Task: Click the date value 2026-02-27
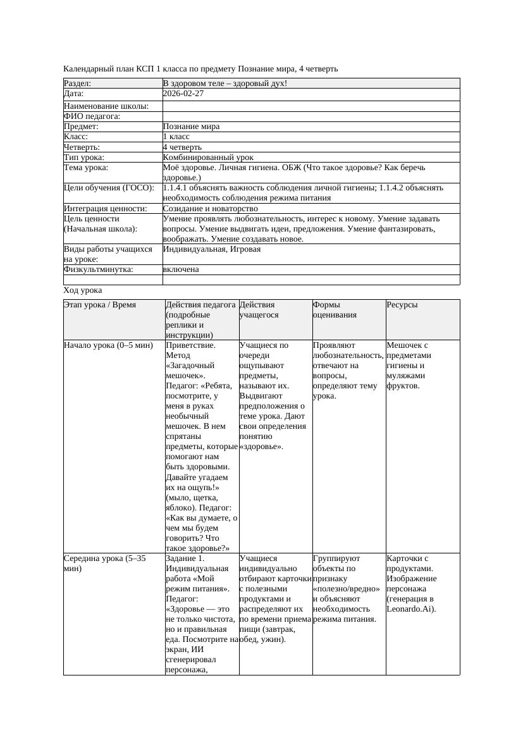[x=185, y=94]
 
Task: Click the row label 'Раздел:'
[x=78, y=83]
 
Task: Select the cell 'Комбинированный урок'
[x=208, y=157]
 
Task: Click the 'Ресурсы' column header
[x=402, y=305]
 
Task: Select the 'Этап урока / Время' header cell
[x=100, y=305]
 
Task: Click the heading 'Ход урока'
[x=83, y=290]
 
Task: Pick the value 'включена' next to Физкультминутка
[x=181, y=269]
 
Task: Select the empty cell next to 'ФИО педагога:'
[x=311, y=116]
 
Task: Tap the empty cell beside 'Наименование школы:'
[x=311, y=106]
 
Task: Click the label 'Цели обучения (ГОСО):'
[x=109, y=188]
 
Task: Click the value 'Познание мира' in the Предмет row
[x=191, y=126]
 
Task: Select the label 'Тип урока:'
[x=84, y=157]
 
